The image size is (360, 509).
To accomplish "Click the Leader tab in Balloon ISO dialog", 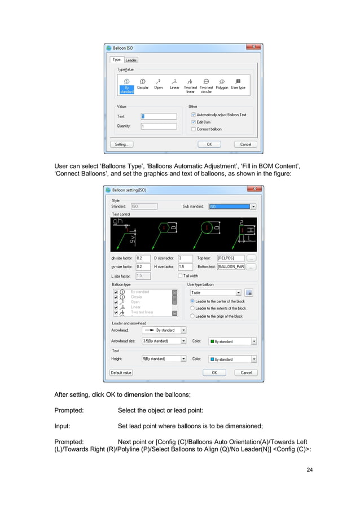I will coord(131,60).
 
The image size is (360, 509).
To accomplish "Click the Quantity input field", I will coord(159,126).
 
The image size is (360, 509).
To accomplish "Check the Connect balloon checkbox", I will coord(194,129).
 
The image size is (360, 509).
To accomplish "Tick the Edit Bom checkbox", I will coord(194,122).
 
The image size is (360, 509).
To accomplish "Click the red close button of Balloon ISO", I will coord(253,48).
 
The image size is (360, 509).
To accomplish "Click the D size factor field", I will coord(184,258).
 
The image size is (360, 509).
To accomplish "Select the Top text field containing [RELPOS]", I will coord(230,258).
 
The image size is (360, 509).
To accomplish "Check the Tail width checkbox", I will coord(180,276).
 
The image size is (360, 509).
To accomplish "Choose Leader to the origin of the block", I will coord(192,317).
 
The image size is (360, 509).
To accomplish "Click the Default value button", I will coord(121,373).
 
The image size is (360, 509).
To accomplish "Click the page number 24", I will coord(309,470).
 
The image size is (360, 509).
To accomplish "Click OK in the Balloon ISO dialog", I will coord(209,144).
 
